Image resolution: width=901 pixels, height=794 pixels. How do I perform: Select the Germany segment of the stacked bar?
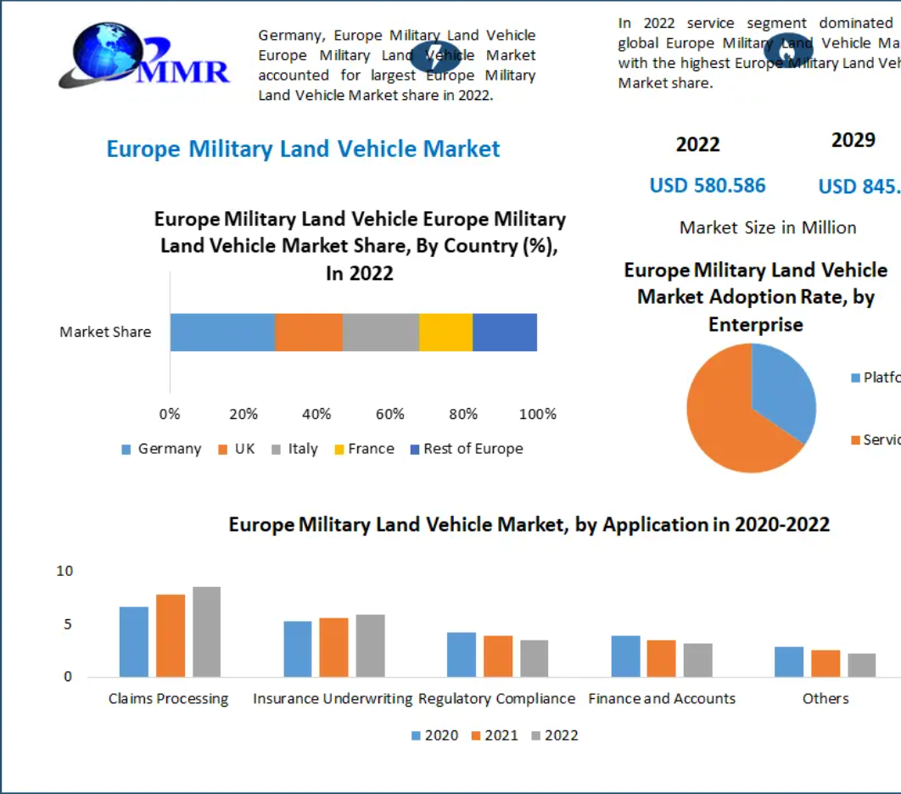pos(222,332)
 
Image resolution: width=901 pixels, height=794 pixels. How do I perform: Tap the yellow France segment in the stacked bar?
pos(445,332)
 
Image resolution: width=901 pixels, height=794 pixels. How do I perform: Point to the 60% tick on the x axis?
pos(390,414)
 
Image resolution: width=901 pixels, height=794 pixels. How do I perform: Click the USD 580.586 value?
pos(708,186)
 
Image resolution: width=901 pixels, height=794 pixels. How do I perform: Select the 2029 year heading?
pos(853,140)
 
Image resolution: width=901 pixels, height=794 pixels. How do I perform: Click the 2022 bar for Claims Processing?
pos(206,632)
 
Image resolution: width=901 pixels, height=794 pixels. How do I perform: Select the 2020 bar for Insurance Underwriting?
pos(298,649)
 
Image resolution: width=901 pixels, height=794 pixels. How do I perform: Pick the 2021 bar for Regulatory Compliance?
pos(498,656)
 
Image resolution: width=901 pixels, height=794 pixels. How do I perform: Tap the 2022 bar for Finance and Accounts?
pos(698,660)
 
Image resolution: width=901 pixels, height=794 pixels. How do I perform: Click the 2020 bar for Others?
pos(789,662)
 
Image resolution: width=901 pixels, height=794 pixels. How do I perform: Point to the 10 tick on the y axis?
pos(65,572)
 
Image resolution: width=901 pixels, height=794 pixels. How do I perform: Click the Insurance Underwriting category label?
pos(332,699)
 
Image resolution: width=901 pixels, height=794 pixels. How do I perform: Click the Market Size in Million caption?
pos(768,227)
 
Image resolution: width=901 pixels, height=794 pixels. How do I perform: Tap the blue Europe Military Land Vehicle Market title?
pos(303,149)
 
